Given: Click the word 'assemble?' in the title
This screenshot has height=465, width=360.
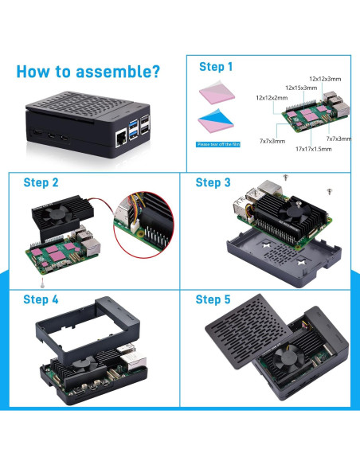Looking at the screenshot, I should (x=115, y=72).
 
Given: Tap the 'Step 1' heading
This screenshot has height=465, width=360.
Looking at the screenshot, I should (x=216, y=67).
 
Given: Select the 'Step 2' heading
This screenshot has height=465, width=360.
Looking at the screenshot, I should (x=41, y=182).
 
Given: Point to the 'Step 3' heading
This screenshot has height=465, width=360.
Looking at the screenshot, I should (x=213, y=182).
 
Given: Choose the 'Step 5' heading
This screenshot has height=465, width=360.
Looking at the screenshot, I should (x=213, y=299).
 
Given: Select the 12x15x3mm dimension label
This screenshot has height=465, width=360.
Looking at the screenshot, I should (x=299, y=88).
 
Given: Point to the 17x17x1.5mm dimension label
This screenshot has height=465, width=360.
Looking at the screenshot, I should (x=313, y=148).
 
